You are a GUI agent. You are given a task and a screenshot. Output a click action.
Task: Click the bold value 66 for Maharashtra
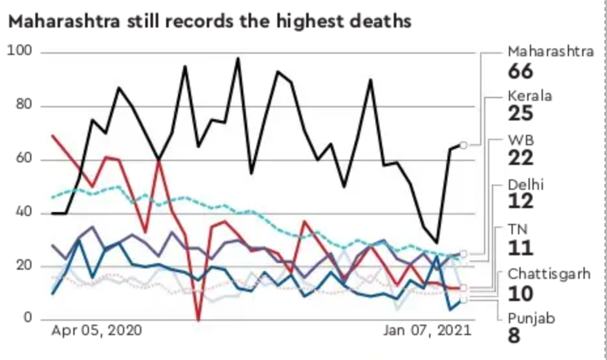tap(521, 71)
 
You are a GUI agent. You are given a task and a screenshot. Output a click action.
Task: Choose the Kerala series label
tap(530, 96)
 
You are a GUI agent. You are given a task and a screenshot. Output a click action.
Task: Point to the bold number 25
tap(521, 114)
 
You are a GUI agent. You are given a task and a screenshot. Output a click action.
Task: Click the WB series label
tap(522, 140)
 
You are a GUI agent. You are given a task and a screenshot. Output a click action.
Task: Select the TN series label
tap(518, 228)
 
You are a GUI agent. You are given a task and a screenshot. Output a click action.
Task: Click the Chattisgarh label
tap(549, 274)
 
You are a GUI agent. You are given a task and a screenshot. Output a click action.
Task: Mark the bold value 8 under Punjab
tap(515, 336)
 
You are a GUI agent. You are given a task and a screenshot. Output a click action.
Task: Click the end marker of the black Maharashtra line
tap(464, 145)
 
